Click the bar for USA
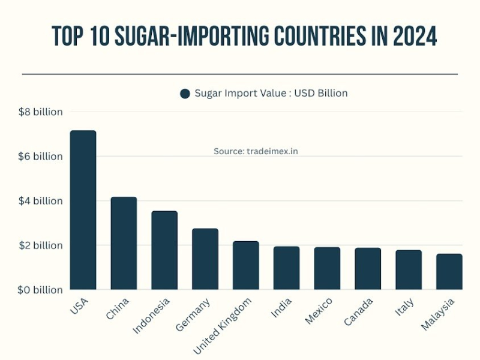(x=83, y=210)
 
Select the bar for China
(x=124, y=243)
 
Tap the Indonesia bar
(x=164, y=250)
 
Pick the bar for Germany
(x=205, y=259)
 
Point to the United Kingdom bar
(x=246, y=265)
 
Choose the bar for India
(x=286, y=268)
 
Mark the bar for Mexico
(x=327, y=268)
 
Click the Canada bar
(x=368, y=269)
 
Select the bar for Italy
(x=409, y=270)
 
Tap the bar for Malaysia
(x=449, y=272)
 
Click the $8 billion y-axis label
(x=40, y=112)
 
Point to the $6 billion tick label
(x=40, y=157)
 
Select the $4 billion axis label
(x=40, y=201)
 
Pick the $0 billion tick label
(x=40, y=290)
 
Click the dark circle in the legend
(x=185, y=94)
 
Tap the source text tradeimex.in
(x=256, y=152)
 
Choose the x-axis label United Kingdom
(x=222, y=324)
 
